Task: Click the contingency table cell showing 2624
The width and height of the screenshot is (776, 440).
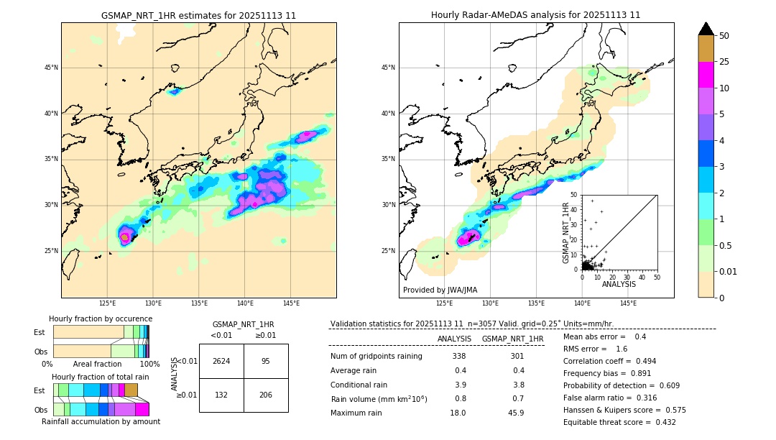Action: point(221,361)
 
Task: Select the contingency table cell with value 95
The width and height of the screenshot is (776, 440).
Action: point(266,361)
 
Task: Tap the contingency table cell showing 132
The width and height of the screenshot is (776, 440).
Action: point(221,395)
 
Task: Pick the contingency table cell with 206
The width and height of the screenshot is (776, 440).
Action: point(266,395)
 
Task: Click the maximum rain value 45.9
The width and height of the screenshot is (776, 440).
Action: point(516,413)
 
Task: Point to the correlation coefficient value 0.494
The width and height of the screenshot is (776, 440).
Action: point(640,361)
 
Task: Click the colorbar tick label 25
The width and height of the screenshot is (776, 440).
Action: point(724,62)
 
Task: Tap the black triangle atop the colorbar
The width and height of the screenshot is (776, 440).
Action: point(706,29)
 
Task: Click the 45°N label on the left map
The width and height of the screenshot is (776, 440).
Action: point(51,68)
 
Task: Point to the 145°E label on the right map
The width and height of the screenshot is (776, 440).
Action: point(629,303)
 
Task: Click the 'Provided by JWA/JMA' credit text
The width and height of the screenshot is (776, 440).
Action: point(440,290)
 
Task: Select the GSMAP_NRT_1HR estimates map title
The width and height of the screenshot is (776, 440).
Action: point(198,15)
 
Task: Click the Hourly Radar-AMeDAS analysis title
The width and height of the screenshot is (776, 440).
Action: point(536,15)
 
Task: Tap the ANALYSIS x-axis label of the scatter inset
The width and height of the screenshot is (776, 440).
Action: point(619,285)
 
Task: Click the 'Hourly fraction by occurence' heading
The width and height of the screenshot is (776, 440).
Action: point(101,318)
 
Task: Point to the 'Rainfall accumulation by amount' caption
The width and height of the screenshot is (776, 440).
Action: point(101,421)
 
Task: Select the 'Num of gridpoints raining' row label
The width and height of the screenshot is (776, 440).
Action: point(377,357)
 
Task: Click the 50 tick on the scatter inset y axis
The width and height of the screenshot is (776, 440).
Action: point(574,195)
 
